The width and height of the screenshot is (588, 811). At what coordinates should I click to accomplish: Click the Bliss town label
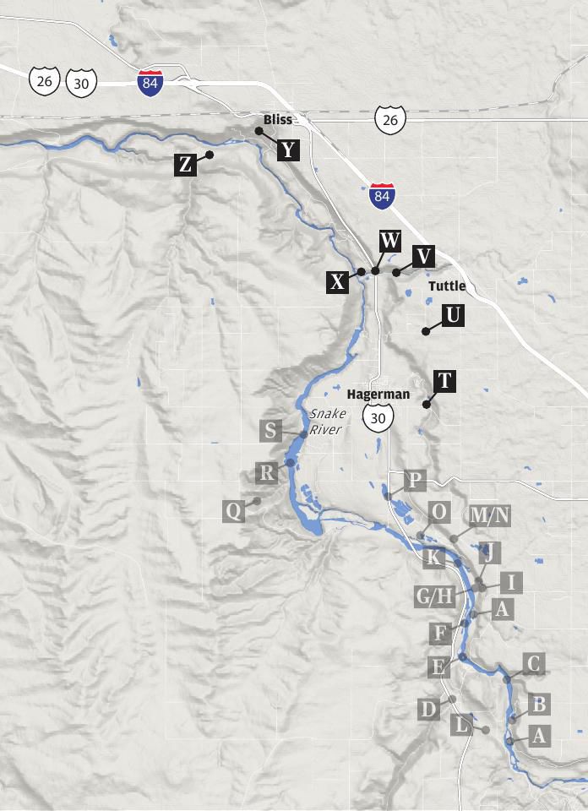[x=277, y=119]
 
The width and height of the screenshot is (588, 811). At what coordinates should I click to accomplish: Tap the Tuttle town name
[x=447, y=286]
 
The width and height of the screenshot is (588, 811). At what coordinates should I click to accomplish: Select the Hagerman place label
[x=378, y=395]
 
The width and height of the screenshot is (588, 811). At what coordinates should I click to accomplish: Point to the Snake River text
[x=327, y=422]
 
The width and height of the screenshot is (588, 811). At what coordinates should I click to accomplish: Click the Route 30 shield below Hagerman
[x=378, y=416]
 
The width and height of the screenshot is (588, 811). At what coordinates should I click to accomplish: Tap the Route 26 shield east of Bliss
[x=390, y=120]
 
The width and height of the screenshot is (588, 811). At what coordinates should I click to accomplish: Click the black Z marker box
[x=186, y=164]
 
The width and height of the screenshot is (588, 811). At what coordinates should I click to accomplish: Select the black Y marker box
[x=288, y=150]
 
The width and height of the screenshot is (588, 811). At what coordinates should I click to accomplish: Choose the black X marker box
[x=338, y=282]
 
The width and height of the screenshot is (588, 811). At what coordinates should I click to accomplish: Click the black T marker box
[x=444, y=382]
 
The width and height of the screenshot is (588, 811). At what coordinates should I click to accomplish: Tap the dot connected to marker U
[x=426, y=332]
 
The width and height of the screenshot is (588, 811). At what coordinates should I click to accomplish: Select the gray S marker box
[x=270, y=431]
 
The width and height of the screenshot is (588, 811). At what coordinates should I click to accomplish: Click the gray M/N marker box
[x=489, y=514]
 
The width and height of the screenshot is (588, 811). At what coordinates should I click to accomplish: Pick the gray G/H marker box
[x=435, y=596]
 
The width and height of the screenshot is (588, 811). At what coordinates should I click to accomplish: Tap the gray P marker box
[x=415, y=482]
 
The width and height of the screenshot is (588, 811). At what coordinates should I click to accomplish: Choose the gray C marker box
[x=532, y=664]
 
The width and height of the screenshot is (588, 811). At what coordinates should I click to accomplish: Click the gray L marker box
[x=460, y=724]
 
